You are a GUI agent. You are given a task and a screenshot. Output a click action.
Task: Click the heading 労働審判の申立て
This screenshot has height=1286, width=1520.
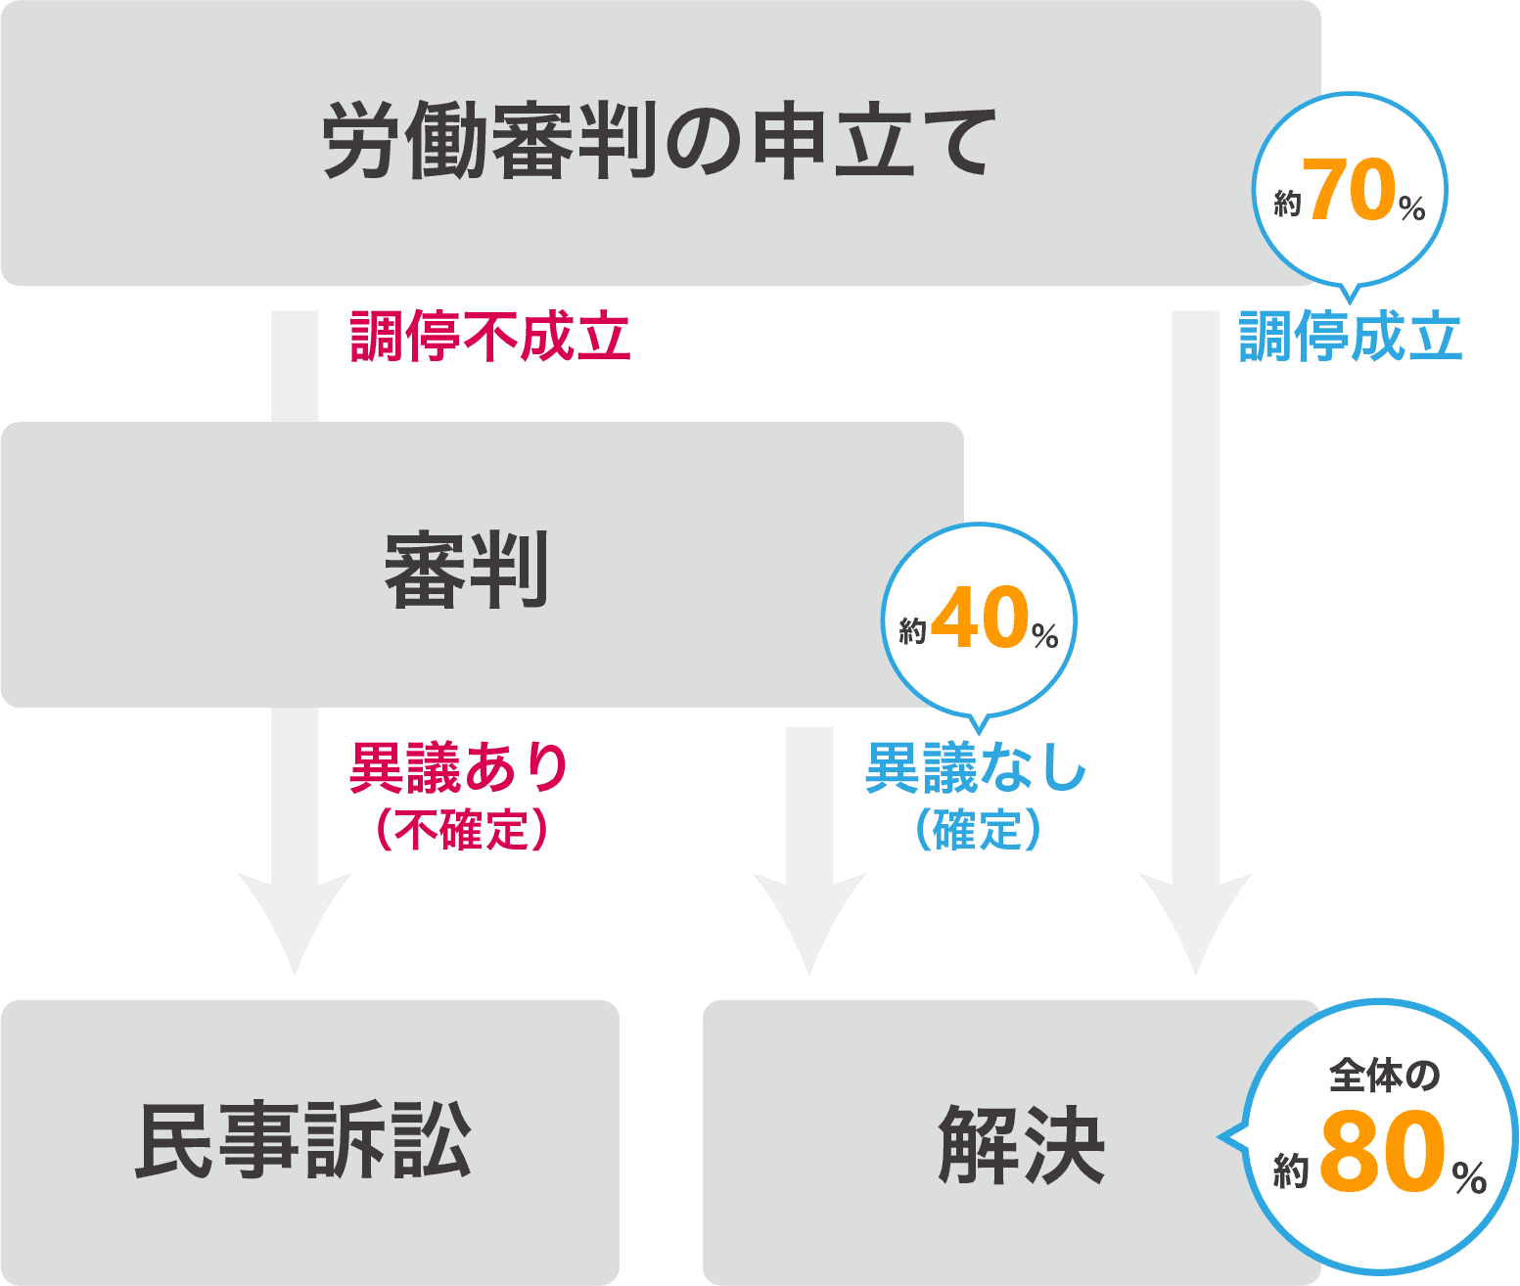pyautogui.click(x=659, y=144)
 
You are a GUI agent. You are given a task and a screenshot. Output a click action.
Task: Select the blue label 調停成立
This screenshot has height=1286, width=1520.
pyautogui.click(x=1350, y=337)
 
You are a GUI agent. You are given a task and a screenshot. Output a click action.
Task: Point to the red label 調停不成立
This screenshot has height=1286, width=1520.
pyautogui.click(x=489, y=337)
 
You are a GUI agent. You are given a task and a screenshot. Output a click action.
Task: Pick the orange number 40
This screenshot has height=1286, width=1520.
pyautogui.click(x=980, y=619)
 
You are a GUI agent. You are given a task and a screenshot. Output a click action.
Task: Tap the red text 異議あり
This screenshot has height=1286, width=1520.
pyautogui.click(x=459, y=767)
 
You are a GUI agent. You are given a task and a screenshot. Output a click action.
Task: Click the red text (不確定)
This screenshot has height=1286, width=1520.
pyautogui.click(x=459, y=831)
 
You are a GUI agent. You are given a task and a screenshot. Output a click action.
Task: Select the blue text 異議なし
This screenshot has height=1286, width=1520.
pyautogui.click(x=976, y=767)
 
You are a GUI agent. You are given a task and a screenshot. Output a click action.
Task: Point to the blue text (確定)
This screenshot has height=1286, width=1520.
pyautogui.click(x=976, y=831)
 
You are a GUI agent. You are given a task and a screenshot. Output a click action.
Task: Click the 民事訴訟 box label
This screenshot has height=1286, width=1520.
pyautogui.click(x=303, y=1141)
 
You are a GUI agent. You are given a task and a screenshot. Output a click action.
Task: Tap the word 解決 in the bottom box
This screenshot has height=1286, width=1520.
pyautogui.click(x=1021, y=1144)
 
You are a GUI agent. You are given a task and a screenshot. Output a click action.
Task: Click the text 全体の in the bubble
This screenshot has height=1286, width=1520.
pyautogui.click(x=1384, y=1076)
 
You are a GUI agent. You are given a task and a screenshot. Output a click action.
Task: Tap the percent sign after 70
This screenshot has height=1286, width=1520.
pyautogui.click(x=1411, y=207)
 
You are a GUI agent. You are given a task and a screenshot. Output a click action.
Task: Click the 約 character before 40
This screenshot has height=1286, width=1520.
pyautogui.click(x=912, y=631)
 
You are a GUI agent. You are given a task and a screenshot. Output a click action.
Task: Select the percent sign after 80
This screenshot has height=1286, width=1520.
pyautogui.click(x=1469, y=1177)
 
